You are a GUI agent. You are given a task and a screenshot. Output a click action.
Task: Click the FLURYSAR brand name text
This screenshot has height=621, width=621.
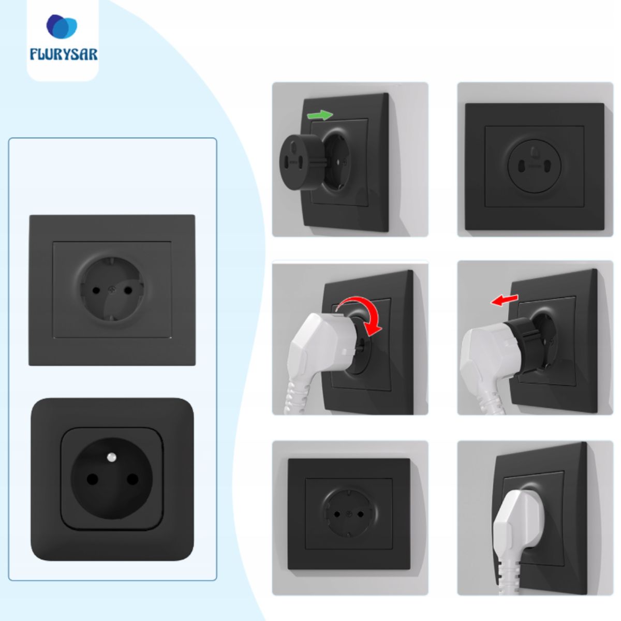[64, 54]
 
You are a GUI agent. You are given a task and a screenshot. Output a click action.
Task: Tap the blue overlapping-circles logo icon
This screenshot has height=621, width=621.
[62, 26]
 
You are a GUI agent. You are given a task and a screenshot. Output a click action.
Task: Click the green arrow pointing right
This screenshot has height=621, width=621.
[320, 115]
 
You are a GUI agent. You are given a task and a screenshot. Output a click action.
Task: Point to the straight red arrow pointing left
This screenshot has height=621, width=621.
[505, 300]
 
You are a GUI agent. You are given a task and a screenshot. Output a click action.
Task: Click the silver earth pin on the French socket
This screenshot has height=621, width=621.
[111, 457]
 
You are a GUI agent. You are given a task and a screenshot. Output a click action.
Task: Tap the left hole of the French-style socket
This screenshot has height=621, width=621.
[92, 479]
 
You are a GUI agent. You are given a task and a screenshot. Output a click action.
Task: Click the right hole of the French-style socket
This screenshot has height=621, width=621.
[132, 479]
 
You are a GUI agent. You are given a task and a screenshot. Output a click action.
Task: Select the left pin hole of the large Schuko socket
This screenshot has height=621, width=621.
[96, 291]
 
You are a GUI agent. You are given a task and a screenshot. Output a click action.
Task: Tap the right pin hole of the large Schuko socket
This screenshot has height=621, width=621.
[128, 291]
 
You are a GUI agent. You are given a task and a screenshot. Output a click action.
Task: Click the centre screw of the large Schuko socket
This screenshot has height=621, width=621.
[112, 289]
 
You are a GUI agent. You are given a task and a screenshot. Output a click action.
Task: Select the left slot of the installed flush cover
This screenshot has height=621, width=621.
[521, 167]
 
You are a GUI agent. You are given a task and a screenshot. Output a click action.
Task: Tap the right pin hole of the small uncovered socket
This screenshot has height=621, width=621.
[360, 514]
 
